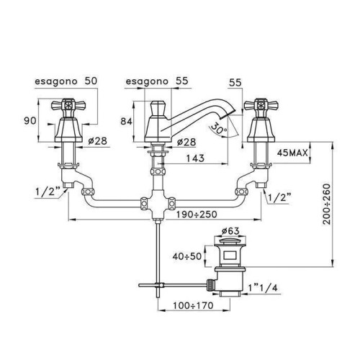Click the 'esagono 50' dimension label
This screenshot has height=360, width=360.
pos(66,81)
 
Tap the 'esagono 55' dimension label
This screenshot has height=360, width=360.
pos(157,81)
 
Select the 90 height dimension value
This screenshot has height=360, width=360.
pos(30,121)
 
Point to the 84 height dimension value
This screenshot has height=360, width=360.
pos(126,122)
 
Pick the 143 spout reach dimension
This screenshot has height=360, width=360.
pos(195,158)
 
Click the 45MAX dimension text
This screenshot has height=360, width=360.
pos(292,153)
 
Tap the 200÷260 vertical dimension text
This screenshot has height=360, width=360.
pos(326,204)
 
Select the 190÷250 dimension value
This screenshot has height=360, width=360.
pos(197,214)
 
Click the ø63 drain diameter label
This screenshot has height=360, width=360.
pos(230,231)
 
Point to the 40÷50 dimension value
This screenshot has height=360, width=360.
pos(187,256)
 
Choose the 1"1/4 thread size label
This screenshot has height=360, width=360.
pos(263,288)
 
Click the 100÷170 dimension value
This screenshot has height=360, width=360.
pos(193,305)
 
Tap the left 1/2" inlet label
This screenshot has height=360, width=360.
pos(48,192)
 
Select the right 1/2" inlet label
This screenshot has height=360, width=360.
pos(279,197)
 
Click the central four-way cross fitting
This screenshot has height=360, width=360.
pos(158,204)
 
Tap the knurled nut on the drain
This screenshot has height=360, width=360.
pos(210,285)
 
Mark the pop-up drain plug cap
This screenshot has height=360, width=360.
pos(230,240)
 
